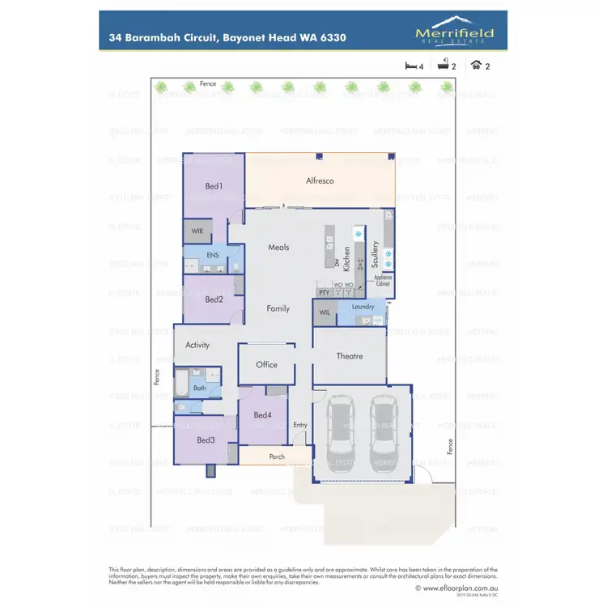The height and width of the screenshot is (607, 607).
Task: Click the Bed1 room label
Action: [x=214, y=186]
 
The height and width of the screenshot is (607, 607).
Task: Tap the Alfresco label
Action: [x=320, y=181]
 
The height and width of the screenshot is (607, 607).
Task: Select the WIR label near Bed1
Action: [x=197, y=231]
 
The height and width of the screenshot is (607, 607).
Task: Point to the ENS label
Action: [x=213, y=255]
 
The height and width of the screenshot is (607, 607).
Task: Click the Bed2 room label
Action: [x=214, y=299]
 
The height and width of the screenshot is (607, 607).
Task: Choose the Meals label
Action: [x=278, y=247]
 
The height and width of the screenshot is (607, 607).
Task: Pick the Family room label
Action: [x=278, y=308]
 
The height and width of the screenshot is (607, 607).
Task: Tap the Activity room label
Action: [x=197, y=345]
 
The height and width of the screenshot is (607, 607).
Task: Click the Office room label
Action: [x=266, y=364]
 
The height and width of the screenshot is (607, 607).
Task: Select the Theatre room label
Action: [x=349, y=356]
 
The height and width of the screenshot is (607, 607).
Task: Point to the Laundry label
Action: [x=363, y=307]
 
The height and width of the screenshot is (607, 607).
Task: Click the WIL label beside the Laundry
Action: [x=324, y=312]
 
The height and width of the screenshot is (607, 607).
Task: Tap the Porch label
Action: [x=277, y=456]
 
